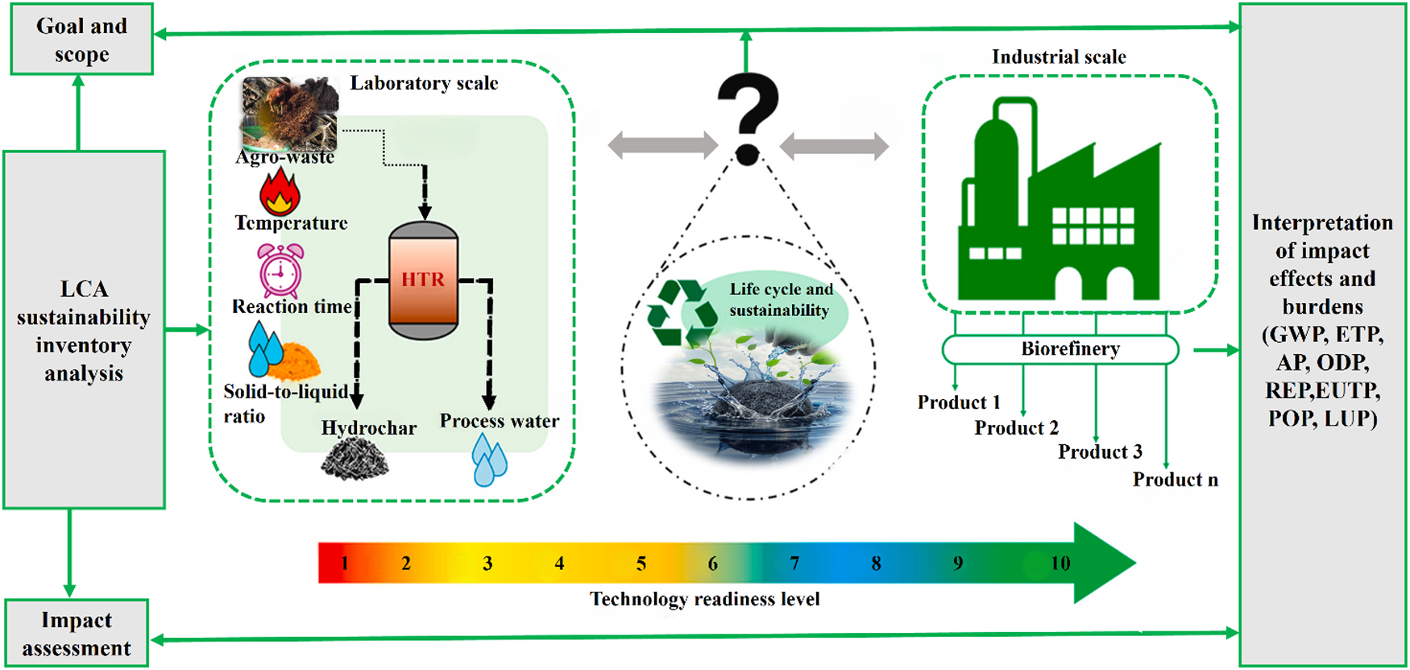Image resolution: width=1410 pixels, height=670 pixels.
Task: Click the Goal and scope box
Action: [81, 40]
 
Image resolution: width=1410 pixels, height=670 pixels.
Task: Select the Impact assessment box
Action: [77, 633]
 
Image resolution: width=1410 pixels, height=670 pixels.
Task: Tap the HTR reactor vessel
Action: [423, 280]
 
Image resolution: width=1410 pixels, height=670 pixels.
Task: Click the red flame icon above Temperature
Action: [280, 191]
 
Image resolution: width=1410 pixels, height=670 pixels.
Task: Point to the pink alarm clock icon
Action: [280, 271]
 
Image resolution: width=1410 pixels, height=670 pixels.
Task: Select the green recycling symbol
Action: [681, 313]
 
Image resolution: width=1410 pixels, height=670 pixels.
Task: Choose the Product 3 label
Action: [1100, 452]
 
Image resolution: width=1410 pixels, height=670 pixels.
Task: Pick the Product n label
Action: [1175, 480]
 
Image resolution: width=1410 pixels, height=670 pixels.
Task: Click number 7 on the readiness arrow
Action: [794, 564]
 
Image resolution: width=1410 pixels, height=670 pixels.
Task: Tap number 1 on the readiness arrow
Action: [345, 564]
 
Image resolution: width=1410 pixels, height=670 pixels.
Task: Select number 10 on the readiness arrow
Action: [1060, 564]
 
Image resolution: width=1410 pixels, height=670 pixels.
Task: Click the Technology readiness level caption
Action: [704, 599]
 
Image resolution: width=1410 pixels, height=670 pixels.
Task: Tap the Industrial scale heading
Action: [1059, 57]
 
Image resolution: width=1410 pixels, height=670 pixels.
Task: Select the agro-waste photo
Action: [290, 113]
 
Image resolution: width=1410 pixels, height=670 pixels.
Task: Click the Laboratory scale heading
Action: [424, 83]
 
